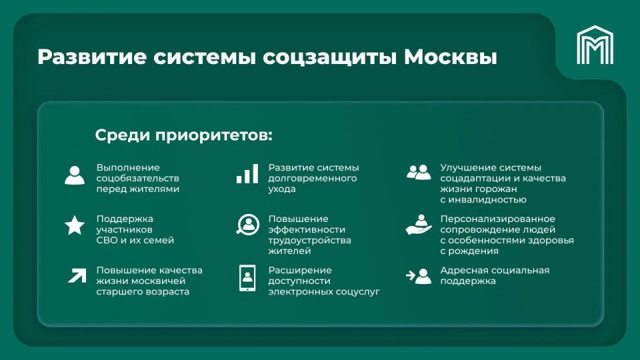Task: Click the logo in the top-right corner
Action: tap(595, 45)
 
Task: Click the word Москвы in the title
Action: tap(451, 57)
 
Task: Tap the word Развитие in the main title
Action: tap(91, 57)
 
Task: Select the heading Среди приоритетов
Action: tap(183, 135)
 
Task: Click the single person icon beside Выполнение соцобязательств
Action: tap(75, 175)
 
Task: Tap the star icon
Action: tap(75, 225)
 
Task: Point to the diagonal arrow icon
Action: tap(77, 274)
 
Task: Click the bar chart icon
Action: tap(247, 174)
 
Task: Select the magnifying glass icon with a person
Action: tap(247, 225)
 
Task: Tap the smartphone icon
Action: tap(247, 277)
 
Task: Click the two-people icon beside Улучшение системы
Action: tap(419, 173)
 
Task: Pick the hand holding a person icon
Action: tap(419, 225)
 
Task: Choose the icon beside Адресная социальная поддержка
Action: tap(419, 275)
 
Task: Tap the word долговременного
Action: tap(312, 179)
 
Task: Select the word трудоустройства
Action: tap(309, 240)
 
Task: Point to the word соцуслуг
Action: tap(359, 291)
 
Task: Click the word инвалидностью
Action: tap(488, 199)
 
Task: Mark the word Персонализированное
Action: tap(497, 219)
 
